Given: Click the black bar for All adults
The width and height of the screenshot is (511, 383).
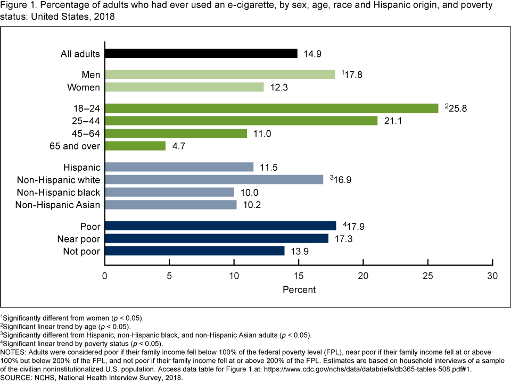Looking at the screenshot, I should (201, 53).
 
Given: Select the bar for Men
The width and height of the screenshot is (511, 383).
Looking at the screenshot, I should (220, 74).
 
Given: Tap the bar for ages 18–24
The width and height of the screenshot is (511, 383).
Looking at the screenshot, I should (271, 108).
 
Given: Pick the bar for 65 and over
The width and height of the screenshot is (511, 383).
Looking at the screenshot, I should (135, 146).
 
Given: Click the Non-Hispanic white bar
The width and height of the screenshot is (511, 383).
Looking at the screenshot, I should (214, 179).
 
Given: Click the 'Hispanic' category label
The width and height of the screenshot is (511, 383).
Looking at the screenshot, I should (81, 167).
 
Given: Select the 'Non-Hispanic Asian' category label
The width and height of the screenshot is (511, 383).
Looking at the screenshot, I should (57, 205).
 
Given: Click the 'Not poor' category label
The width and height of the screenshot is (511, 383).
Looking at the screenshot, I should (82, 251).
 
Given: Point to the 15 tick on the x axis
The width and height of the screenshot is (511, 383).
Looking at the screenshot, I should (299, 277).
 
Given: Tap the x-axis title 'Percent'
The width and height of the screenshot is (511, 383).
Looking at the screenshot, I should (299, 290).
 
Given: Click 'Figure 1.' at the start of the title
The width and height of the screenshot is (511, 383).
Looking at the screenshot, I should (18, 6).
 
